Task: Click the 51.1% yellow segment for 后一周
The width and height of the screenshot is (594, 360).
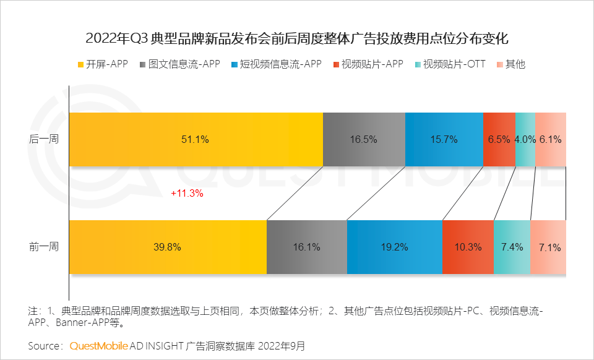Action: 196,140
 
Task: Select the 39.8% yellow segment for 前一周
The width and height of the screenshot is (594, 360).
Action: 167,247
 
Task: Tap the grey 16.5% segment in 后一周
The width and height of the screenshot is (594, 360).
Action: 364,140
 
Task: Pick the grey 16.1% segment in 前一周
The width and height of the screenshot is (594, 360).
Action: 306,247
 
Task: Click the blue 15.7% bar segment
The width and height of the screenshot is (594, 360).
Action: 444,140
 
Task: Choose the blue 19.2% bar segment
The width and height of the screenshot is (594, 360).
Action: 394,247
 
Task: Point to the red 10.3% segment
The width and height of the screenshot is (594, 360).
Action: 468,247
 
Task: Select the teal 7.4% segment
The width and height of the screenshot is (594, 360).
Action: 512,247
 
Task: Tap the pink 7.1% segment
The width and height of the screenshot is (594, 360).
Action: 549,247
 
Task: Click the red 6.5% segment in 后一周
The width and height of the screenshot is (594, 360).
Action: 499,140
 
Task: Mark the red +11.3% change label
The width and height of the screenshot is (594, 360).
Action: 187,193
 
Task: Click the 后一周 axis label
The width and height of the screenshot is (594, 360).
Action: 44,140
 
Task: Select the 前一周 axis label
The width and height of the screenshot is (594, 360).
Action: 44,247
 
